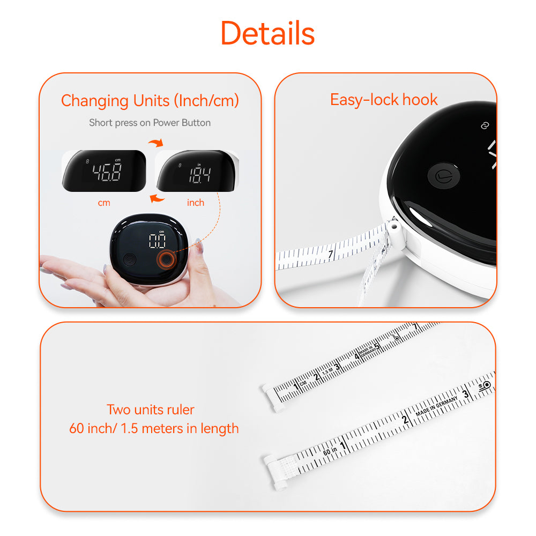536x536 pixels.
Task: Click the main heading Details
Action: click(x=267, y=33)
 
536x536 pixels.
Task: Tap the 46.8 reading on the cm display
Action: click(x=107, y=172)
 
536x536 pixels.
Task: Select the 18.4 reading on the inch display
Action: click(x=199, y=175)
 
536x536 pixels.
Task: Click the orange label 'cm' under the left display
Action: click(x=104, y=203)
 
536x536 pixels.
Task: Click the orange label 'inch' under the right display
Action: click(x=196, y=203)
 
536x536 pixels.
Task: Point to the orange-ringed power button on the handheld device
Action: click(x=166, y=260)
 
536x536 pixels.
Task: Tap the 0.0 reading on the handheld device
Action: click(x=157, y=241)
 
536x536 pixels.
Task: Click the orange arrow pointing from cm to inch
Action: click(x=155, y=143)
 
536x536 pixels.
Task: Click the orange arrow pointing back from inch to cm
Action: click(x=156, y=198)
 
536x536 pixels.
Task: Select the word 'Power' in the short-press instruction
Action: click(x=167, y=123)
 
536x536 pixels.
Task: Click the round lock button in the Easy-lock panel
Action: click(x=444, y=175)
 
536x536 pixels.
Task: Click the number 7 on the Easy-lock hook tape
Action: click(x=331, y=254)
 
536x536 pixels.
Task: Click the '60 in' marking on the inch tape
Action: click(x=330, y=451)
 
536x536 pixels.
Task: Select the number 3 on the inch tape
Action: click(x=466, y=393)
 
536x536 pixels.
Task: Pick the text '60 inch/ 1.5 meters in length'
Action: click(x=154, y=428)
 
